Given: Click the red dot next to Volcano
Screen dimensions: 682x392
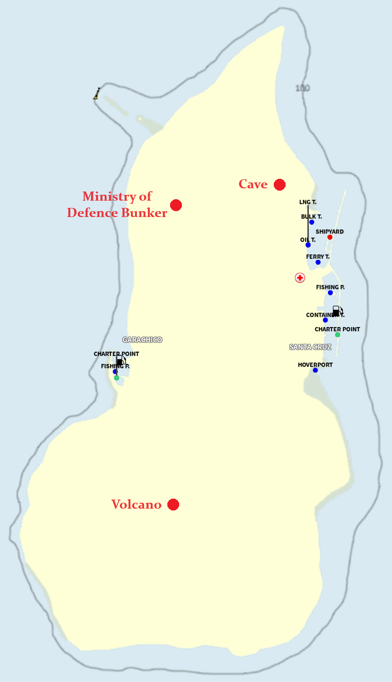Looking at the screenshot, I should [x=173, y=505].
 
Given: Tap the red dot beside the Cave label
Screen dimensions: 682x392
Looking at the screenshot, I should [x=280, y=184].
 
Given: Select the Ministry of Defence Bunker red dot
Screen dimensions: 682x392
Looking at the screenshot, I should [x=176, y=205].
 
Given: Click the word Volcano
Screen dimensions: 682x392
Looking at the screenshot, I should [x=136, y=505].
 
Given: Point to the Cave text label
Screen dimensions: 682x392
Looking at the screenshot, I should [x=253, y=184].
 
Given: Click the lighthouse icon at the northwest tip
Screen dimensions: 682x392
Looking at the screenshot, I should [x=97, y=94].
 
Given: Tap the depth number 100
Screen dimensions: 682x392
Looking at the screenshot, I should [x=302, y=88].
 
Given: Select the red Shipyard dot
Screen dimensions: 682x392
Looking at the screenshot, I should [x=330, y=237].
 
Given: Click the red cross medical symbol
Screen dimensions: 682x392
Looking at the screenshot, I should [x=300, y=278].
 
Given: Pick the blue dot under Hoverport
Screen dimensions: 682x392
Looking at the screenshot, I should [x=315, y=370].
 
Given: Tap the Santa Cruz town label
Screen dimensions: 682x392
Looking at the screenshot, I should [x=311, y=347].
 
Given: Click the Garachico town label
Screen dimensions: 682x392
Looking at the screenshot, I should [x=142, y=340].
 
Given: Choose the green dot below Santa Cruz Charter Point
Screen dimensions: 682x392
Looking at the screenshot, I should [x=337, y=335].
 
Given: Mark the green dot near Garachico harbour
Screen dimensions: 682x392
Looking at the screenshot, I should [x=116, y=378].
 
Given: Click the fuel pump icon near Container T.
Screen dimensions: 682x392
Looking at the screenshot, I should [x=337, y=311].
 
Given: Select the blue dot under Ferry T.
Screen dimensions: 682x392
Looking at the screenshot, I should [x=318, y=263].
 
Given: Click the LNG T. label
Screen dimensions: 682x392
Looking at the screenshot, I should [x=308, y=202].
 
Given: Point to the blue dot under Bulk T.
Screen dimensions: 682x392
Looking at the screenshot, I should [x=312, y=222].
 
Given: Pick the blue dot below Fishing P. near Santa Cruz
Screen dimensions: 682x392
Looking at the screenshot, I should [x=330, y=293].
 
